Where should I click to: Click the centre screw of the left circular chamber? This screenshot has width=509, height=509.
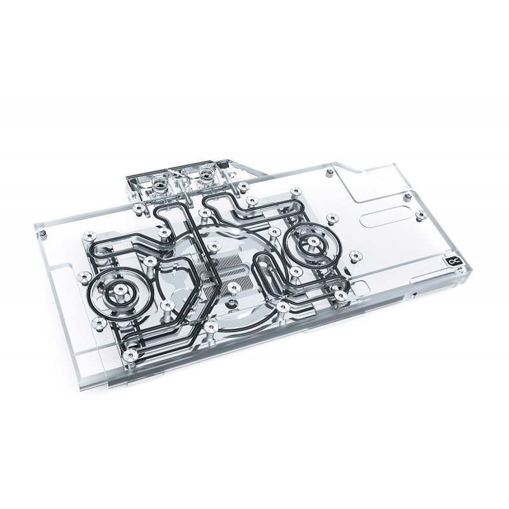pos(119,293)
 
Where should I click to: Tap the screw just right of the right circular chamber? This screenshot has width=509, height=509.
pos(354,250)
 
